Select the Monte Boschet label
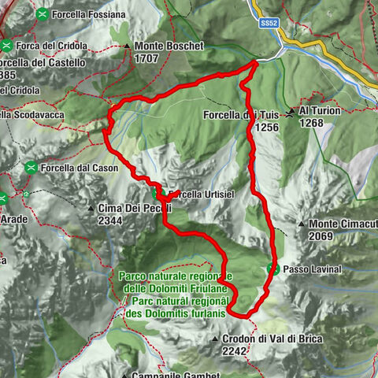click(169, 46)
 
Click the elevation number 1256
click(267, 126)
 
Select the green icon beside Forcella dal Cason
click(31, 167)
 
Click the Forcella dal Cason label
click(80, 168)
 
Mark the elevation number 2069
click(325, 236)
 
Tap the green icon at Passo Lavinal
click(274, 269)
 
